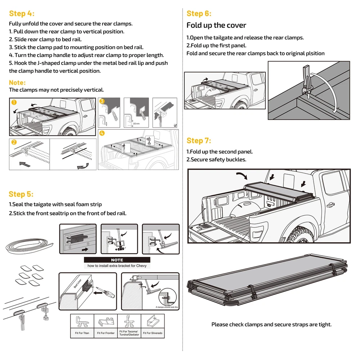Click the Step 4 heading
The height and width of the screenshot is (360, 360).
(22, 14)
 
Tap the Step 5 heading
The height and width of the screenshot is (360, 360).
(21, 194)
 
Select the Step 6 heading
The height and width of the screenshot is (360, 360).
(199, 14)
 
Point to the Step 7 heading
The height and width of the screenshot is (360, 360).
(199, 140)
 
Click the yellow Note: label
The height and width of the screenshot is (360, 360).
(17, 82)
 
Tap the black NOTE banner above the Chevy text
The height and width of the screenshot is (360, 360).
(117, 260)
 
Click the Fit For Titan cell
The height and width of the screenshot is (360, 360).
(82, 326)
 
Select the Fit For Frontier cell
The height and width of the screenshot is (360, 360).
(105, 326)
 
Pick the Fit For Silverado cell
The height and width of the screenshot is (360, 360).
(153, 326)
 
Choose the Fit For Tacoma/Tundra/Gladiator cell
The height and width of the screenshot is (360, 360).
(129, 326)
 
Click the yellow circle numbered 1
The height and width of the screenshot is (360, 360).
(14, 102)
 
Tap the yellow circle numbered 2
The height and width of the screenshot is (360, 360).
(14, 142)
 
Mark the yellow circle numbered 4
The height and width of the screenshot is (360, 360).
(102, 133)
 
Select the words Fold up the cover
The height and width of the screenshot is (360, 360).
(216, 25)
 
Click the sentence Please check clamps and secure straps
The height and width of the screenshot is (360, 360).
(271, 324)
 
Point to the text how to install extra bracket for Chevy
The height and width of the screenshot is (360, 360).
(117, 266)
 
